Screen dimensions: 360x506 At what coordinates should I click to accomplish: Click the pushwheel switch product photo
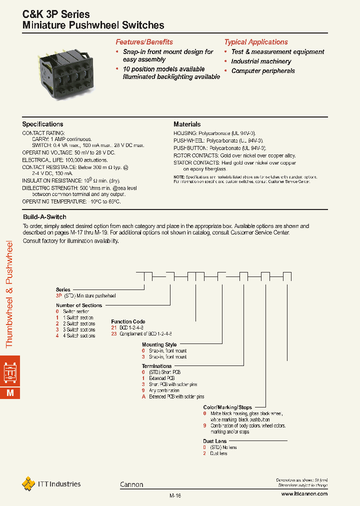[67, 74]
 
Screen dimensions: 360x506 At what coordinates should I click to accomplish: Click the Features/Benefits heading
[144, 42]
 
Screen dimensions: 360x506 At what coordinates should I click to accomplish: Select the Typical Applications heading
[256, 42]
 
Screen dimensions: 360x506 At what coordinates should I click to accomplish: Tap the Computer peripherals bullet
[263, 71]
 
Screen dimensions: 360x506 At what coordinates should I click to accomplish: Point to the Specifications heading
[42, 124]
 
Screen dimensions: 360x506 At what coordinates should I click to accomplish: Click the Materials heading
[187, 124]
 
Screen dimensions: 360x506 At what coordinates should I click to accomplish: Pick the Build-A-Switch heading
[44, 217]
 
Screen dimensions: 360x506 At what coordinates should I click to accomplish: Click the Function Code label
[128, 321]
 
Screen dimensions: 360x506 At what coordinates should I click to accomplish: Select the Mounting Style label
[159, 344]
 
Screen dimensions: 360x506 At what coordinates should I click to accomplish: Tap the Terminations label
[156, 366]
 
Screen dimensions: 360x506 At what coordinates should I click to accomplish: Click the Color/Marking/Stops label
[227, 407]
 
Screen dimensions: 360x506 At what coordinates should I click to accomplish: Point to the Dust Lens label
[215, 441]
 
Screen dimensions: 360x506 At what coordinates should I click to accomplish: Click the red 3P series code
[59, 295]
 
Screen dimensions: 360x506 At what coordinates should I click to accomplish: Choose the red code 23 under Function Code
[114, 333]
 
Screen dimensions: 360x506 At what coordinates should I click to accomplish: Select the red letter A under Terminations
[143, 396]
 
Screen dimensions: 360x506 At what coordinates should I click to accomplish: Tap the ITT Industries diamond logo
[28, 484]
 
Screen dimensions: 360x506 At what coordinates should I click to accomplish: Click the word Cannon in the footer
[131, 484]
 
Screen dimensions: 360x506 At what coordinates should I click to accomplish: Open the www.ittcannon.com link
[304, 493]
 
